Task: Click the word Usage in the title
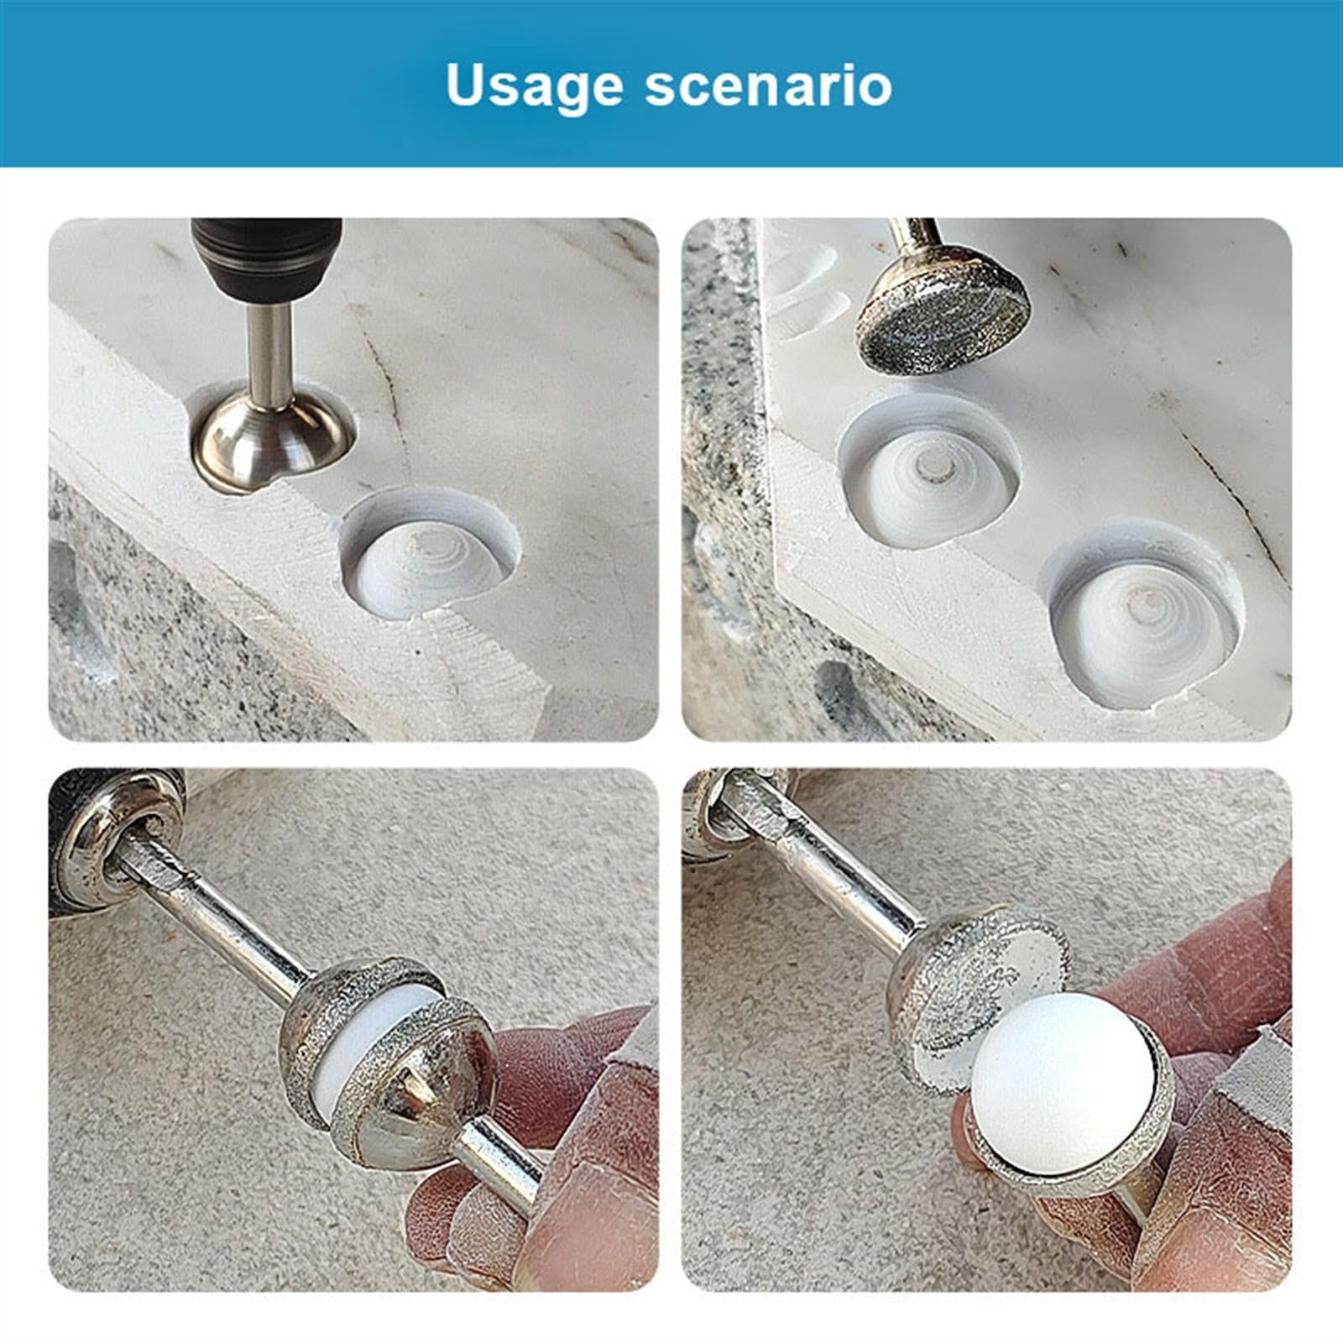[534, 86]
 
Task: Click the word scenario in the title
[768, 86]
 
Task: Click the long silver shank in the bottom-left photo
[227, 923]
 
